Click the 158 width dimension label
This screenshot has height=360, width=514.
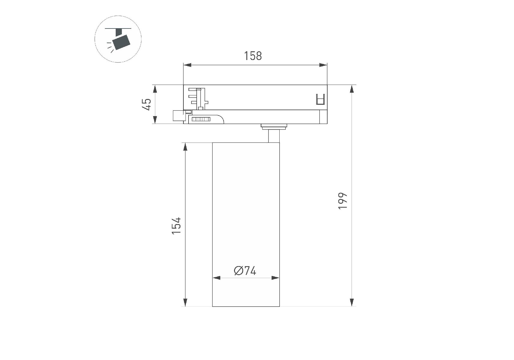pos(253,56)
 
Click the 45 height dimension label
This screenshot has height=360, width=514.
pos(147,104)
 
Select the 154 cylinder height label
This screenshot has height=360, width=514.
pos(176,226)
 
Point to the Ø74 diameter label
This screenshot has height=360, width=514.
pos(245,271)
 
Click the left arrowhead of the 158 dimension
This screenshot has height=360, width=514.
pos(187,65)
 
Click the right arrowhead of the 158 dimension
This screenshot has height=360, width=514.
pos(323,65)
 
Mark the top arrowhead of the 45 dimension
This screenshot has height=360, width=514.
pos(155,89)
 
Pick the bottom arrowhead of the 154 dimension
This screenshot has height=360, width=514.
pos(185,302)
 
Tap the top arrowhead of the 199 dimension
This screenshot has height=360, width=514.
pos(352,89)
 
